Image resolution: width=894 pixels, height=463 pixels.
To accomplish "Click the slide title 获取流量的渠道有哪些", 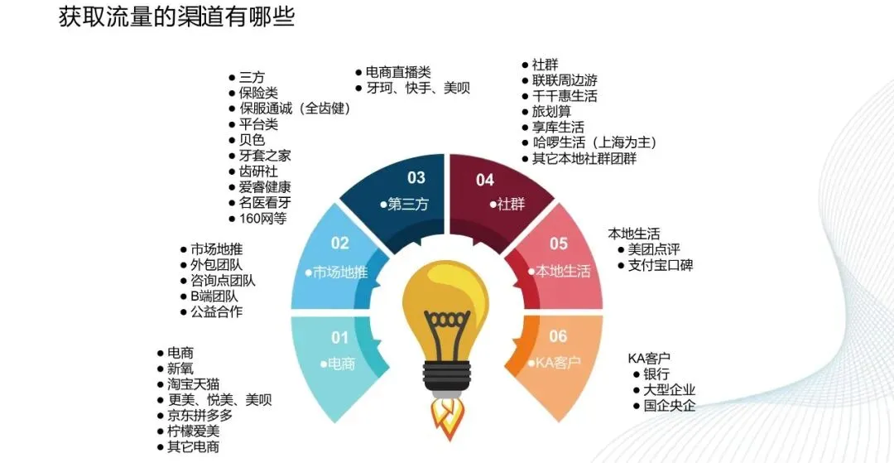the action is tap(176, 17).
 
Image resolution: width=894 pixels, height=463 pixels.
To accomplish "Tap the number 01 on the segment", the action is tap(340, 337).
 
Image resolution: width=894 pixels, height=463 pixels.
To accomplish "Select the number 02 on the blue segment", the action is tap(340, 244).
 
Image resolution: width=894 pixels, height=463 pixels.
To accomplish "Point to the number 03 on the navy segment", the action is tap(416, 177).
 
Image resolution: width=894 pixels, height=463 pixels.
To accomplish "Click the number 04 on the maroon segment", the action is tap(485, 180).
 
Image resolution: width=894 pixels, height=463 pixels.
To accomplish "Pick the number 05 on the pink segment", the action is tap(559, 244).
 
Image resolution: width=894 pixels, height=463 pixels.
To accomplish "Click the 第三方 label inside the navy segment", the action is tap(407, 204).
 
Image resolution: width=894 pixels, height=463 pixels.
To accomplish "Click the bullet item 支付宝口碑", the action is tap(661, 266).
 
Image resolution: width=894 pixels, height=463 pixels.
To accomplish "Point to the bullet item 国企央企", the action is tap(669, 406).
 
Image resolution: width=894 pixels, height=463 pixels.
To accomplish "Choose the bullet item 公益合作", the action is tap(216, 312).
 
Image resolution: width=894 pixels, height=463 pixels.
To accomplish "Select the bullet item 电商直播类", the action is tap(398, 72).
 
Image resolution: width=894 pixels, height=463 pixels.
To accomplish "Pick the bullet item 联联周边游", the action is tap(564, 80).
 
